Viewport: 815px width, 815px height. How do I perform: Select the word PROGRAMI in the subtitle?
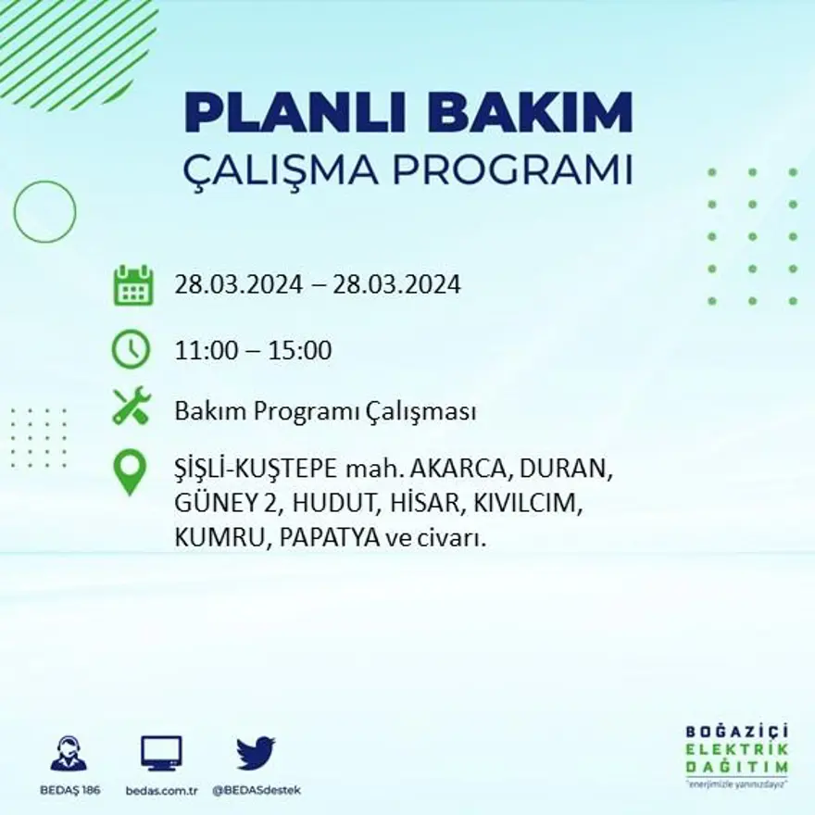(x=514, y=171)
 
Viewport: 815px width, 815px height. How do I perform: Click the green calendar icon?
(x=132, y=285)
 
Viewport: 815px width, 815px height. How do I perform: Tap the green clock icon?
(x=131, y=349)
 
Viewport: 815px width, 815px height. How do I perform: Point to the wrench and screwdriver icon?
(x=131, y=407)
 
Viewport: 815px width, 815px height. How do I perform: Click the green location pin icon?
(x=130, y=472)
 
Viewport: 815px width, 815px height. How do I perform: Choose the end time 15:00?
(x=299, y=351)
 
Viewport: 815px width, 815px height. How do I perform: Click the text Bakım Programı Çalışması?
(x=325, y=411)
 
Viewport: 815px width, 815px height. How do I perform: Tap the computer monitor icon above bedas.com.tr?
(x=161, y=753)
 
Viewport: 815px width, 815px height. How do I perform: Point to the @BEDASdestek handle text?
(x=257, y=790)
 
